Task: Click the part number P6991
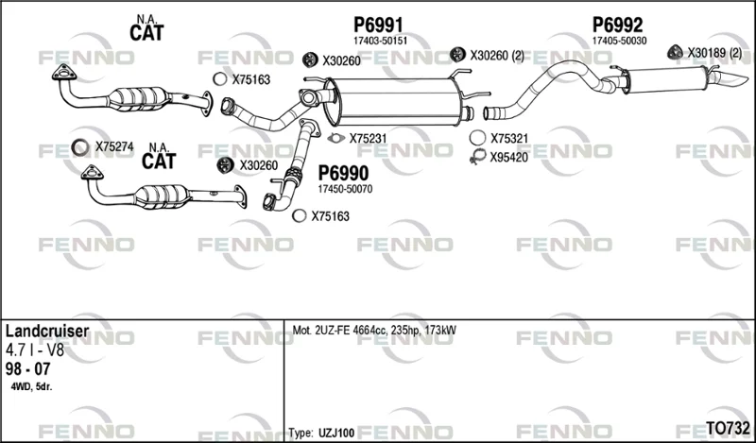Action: pyautogui.click(x=378, y=25)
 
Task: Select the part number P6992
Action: pyautogui.click(x=617, y=25)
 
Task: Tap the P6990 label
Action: pyautogui.click(x=343, y=173)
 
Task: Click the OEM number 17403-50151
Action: pyautogui.click(x=381, y=41)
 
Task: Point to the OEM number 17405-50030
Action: pyautogui.click(x=620, y=41)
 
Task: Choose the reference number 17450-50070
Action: pyautogui.click(x=345, y=190)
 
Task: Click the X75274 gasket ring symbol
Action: pyautogui.click(x=80, y=147)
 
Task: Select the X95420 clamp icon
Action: pyautogui.click(x=478, y=157)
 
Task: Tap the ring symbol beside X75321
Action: pyautogui.click(x=477, y=138)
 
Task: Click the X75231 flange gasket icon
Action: pyautogui.click(x=335, y=138)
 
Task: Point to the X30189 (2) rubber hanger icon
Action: pyautogui.click(x=675, y=52)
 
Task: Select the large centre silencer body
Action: pyautogui.click(x=395, y=101)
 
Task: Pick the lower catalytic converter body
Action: pyautogui.click(x=163, y=196)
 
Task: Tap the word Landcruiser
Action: pyautogui.click(x=47, y=332)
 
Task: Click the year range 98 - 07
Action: pyautogui.click(x=28, y=368)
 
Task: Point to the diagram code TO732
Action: pyautogui.click(x=728, y=428)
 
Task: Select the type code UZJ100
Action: pyautogui.click(x=336, y=433)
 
